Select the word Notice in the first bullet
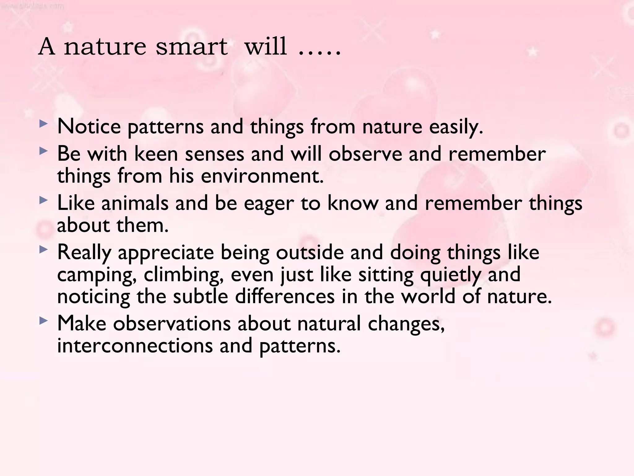point(89,127)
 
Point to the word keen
point(156,154)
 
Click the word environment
point(262,176)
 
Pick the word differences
point(285,296)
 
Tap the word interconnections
point(135,346)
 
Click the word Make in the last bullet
point(82,324)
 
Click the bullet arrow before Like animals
point(44,201)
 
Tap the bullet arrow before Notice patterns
point(44,124)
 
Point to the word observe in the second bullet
point(365,154)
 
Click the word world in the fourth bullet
point(428,296)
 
